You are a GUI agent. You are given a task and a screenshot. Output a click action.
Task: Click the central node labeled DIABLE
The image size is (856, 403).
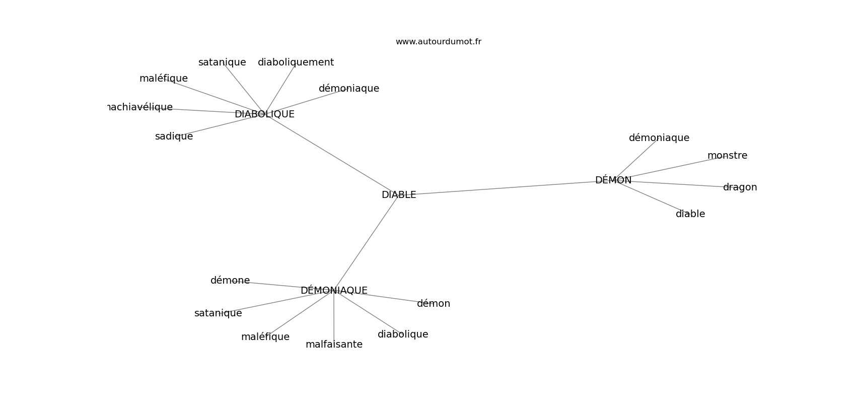coord(399,194)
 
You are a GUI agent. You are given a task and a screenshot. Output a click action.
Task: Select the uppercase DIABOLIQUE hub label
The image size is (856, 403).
coord(264,114)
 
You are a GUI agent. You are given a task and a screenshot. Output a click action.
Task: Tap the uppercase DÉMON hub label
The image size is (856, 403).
coord(613,180)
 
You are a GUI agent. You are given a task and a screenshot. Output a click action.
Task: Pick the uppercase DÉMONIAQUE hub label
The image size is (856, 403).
coord(334,290)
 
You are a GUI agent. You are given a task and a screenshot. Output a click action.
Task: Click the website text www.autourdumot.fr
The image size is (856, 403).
coord(438,42)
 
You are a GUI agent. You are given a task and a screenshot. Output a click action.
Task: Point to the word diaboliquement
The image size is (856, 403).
coord(296,62)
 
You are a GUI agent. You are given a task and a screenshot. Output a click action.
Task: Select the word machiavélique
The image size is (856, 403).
coord(140,107)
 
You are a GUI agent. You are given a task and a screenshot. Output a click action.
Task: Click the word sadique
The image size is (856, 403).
coord(174,137)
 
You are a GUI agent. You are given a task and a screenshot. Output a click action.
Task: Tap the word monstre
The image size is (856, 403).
coord(727,156)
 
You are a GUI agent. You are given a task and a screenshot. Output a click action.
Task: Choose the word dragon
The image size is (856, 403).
coord(740,187)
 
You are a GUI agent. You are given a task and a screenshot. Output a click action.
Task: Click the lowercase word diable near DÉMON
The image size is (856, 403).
coord(690,214)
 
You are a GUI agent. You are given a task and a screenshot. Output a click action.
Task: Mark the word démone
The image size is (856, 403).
coord(230,280)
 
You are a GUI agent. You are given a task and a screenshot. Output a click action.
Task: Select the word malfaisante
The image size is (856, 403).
coord(334,345)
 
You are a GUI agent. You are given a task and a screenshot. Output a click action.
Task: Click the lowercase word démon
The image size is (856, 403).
coord(434,304)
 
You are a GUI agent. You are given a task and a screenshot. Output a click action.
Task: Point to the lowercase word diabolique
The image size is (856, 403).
coord(403,334)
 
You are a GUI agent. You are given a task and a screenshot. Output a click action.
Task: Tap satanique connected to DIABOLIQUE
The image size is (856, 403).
coord(222,62)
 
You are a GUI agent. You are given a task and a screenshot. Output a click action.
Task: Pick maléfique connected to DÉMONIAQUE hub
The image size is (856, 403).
coord(265,337)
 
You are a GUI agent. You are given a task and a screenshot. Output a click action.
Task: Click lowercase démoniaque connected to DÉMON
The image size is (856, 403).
coord(659,138)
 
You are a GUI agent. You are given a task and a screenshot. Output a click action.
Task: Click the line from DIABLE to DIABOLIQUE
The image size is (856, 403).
coord(331,154)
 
